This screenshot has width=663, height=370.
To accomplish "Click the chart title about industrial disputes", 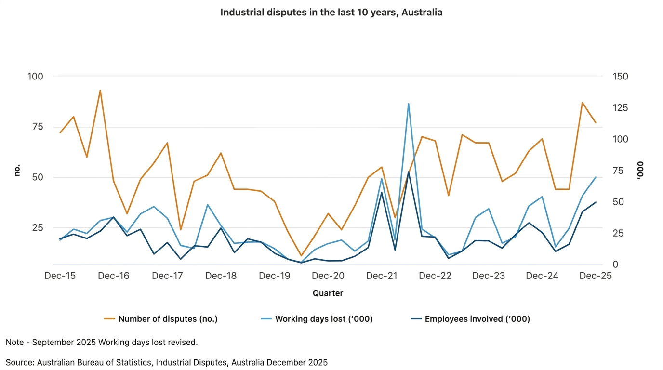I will pyautogui.click(x=331, y=13).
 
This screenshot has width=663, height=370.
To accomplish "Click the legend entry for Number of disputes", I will pyautogui.click(x=168, y=319).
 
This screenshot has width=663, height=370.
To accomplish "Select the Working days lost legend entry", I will pyautogui.click(x=323, y=319).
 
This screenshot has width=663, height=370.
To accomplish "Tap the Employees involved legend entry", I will pyautogui.click(x=477, y=319).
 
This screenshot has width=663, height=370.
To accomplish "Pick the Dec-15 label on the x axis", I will pyautogui.click(x=60, y=276).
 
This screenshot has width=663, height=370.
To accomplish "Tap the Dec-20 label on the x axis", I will pyautogui.click(x=328, y=276).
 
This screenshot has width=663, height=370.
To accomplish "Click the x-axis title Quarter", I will pyautogui.click(x=328, y=293).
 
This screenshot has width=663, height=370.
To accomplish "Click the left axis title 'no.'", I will pyautogui.click(x=17, y=170).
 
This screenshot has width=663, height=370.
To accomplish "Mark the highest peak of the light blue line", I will pyautogui.click(x=409, y=104).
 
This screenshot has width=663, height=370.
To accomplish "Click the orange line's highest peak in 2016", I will pyautogui.click(x=100, y=90).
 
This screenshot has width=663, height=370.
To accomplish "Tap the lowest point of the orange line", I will pyautogui.click(x=301, y=256).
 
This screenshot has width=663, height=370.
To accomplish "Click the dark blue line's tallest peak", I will pyautogui.click(x=409, y=172).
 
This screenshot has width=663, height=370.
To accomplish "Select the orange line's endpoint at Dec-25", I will pyautogui.click(x=596, y=123).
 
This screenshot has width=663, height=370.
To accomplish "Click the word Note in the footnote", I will pyautogui.click(x=14, y=343).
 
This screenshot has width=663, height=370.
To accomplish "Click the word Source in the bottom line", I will pyautogui.click(x=19, y=363).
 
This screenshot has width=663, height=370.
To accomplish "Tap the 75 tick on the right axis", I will pyautogui.click(x=619, y=171).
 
